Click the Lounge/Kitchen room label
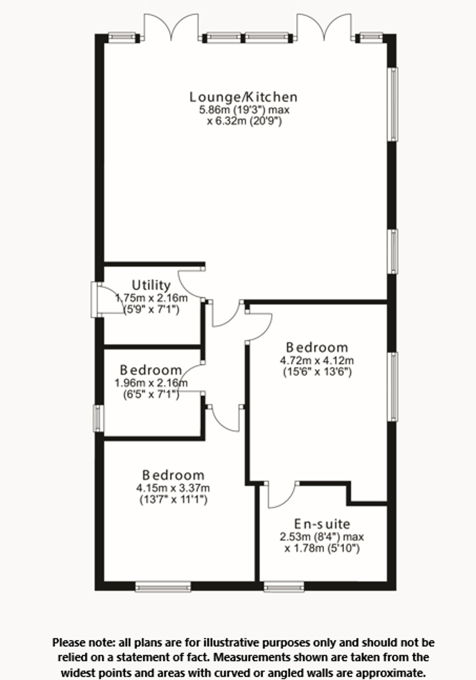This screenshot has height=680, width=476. [243, 97]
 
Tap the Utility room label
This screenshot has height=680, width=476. [151, 285]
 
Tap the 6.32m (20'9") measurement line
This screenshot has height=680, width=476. [244, 122]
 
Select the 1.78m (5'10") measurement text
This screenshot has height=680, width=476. [322, 549]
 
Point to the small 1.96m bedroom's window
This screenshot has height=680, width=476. [99, 418]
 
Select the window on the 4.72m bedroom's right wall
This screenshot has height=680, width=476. [393, 386]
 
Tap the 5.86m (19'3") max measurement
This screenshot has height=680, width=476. [244, 110]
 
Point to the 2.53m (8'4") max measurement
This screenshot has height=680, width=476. [322, 536]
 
